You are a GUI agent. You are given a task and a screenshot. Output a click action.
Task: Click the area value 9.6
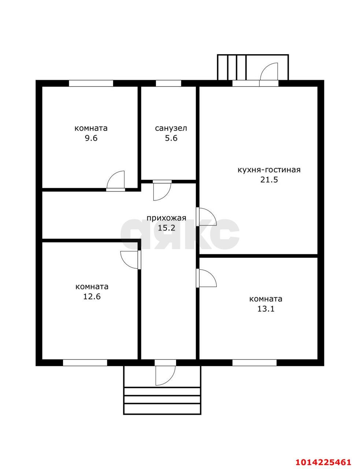pos(91,138)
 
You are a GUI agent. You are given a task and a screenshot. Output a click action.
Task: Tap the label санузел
pos(171,128)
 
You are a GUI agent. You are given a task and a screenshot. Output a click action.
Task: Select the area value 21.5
pos(269,180)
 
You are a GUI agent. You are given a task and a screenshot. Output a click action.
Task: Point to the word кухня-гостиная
pos(269,170)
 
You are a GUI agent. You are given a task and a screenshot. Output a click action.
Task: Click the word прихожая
pos(166,218)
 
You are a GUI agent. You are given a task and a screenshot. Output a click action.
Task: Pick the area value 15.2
pos(167,228)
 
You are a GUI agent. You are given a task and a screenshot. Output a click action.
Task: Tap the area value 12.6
pos(92,296)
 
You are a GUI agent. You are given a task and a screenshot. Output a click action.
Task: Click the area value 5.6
pos(171,138)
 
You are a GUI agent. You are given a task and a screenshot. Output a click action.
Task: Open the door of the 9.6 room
pos(116,181)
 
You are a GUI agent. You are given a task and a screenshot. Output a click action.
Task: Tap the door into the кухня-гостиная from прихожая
pos(206,217)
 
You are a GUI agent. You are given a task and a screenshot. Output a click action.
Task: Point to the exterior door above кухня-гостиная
pos(269,75)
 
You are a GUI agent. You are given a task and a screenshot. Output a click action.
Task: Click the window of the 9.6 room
pos(91,83)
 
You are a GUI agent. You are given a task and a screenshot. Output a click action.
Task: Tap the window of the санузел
pos(168,83)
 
